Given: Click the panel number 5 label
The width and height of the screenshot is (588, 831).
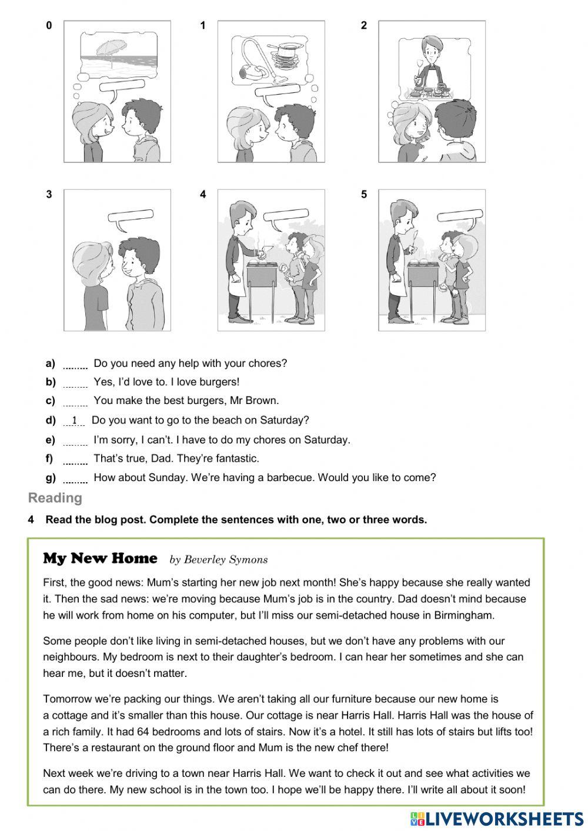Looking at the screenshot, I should (364, 195).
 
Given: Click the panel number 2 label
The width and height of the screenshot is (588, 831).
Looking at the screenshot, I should (364, 25).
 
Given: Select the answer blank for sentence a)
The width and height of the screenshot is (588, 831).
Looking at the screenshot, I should (75, 364).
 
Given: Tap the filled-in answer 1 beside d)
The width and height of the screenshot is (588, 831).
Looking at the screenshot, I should (75, 420).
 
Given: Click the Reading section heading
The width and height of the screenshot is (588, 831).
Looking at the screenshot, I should (55, 498).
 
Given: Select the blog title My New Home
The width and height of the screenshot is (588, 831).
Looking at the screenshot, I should (100, 558).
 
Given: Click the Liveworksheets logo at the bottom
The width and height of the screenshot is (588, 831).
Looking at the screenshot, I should (497, 818).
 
